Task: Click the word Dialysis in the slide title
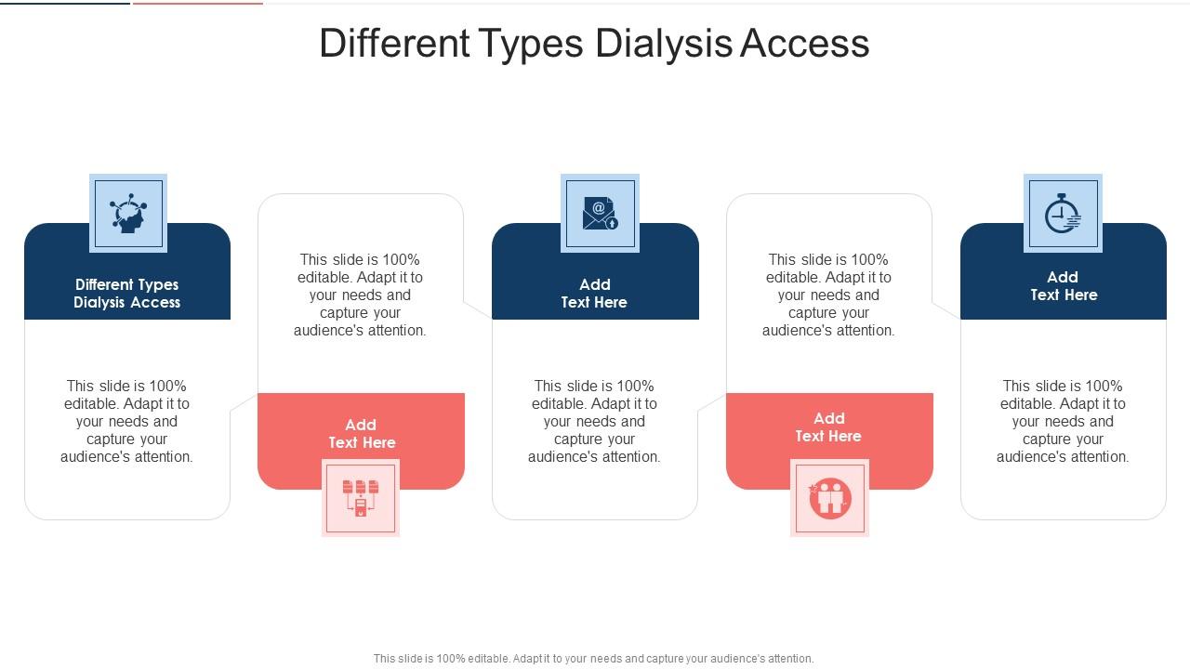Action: coord(664,44)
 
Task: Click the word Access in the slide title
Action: coord(805,44)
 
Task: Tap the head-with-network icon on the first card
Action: coord(128,213)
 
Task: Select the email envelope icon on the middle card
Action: coord(600,213)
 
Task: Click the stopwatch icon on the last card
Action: coord(1063,214)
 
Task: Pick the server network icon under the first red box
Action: coord(361,497)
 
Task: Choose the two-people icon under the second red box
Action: coord(829,498)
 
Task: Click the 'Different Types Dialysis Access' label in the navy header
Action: coord(127,294)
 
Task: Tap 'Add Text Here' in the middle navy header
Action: coord(595,294)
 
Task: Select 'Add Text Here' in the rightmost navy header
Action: coord(1064,286)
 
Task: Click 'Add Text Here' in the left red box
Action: coord(362,434)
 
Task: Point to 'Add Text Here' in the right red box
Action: coord(829,427)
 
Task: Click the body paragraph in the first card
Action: coord(127,421)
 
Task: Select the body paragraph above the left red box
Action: coord(361,295)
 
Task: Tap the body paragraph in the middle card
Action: coord(595,421)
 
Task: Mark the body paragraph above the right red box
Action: coord(829,295)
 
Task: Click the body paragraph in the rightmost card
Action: coord(1064,421)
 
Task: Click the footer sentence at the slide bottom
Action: coord(594,659)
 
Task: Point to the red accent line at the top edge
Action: coord(197,3)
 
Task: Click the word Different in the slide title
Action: coord(394,44)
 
